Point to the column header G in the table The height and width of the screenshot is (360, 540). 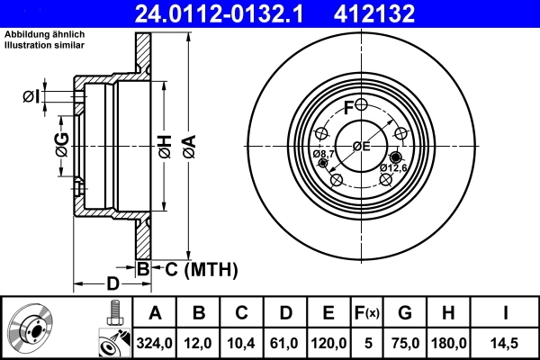point(404,313)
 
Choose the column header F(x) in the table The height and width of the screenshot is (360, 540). point(367,313)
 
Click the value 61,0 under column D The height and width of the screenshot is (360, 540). point(285,343)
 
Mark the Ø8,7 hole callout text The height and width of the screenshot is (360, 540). point(324,155)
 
